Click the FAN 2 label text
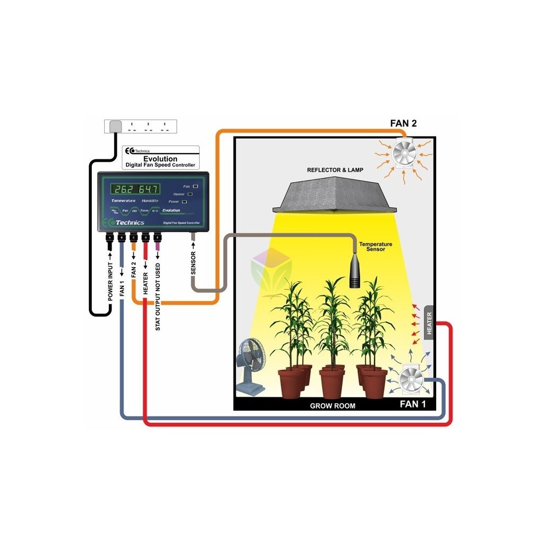point(403,124)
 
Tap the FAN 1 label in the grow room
point(413,404)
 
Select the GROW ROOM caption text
point(333,406)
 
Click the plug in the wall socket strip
point(115,126)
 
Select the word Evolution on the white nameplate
point(160,158)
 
